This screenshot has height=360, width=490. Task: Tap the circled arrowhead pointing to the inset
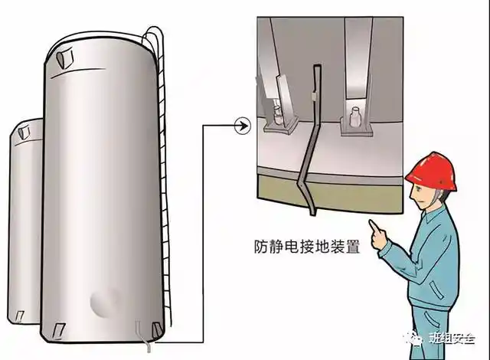click(x=243, y=125)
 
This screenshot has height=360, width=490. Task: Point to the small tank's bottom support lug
click(x=21, y=314)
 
